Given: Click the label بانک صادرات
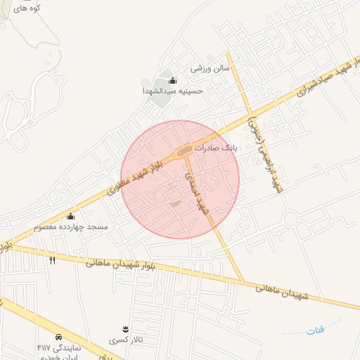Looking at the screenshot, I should point(217,149).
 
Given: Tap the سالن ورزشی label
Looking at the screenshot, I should point(211,68).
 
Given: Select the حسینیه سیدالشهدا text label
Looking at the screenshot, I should point(173,91).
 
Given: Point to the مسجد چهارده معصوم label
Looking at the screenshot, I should point(71,227).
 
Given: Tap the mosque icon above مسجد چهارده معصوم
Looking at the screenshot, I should point(70,217).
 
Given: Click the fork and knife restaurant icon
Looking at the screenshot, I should point(53,260).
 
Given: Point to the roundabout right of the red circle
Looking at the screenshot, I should point(291,218).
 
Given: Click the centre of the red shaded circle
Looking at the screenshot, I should point(180,179).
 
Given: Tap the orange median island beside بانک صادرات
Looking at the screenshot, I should point(185,150).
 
